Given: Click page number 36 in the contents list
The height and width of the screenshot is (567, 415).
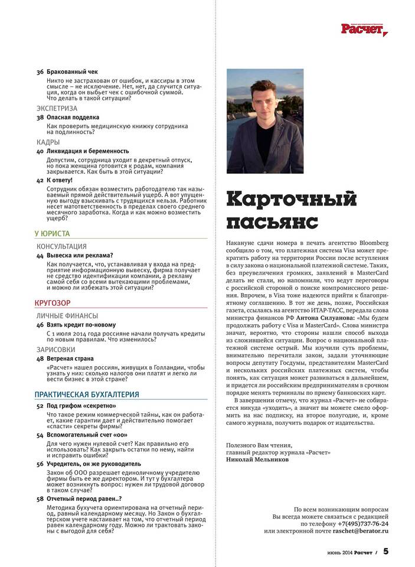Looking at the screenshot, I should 40,72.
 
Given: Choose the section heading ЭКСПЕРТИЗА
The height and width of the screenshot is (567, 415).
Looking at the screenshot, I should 57,109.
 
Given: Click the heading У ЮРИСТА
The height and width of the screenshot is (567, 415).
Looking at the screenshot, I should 53,234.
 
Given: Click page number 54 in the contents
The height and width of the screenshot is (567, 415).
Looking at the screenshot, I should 40,434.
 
